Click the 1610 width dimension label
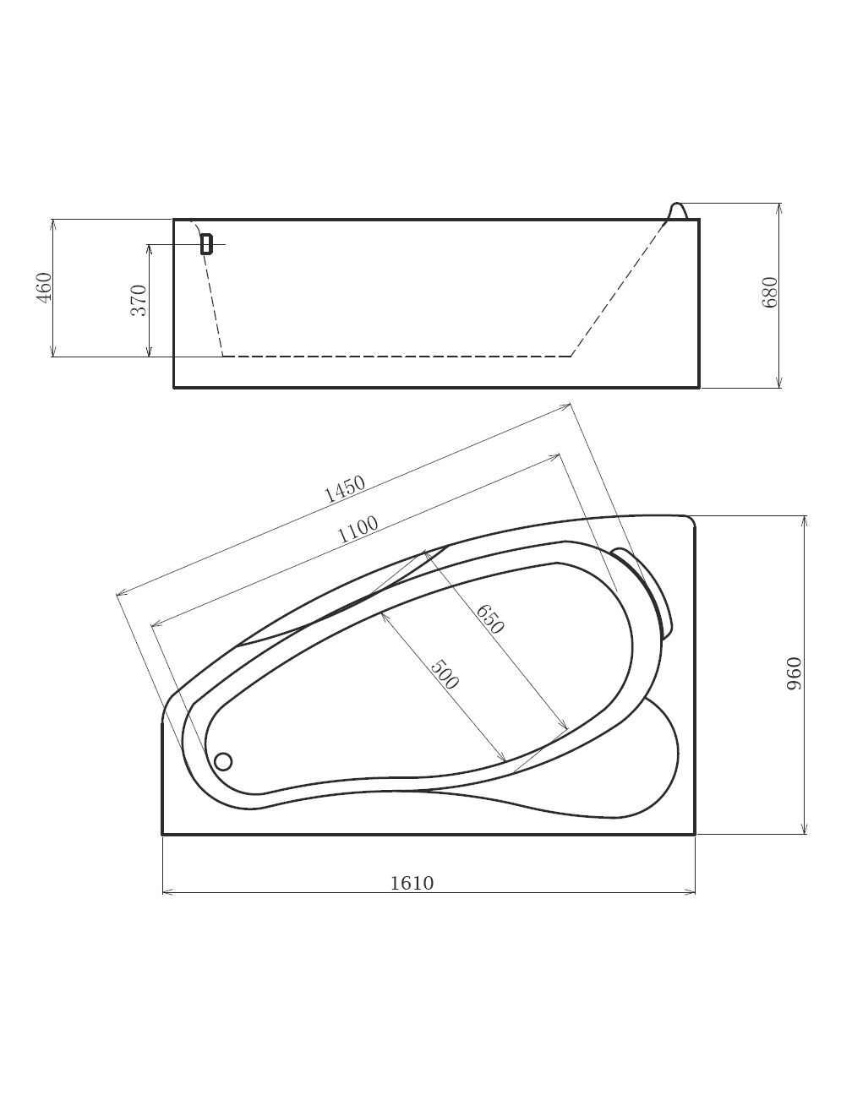click(412, 884)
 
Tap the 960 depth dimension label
click(795, 674)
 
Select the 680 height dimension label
click(769, 292)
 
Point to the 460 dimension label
click(44, 287)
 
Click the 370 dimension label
click(139, 300)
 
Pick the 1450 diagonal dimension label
click(346, 489)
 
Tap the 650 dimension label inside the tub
click(489, 619)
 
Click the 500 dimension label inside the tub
click(445, 674)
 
